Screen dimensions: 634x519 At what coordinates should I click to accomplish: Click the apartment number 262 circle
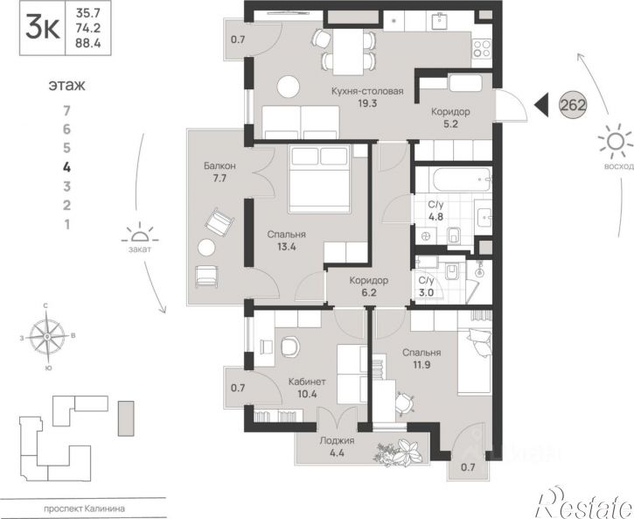(x=573, y=105)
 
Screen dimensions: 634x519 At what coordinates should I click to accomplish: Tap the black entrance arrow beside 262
(x=541, y=105)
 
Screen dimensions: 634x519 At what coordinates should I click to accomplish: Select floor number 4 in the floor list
(x=67, y=167)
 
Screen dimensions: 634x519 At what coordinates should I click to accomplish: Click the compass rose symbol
(x=48, y=337)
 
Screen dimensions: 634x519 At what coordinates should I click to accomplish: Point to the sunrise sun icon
(x=615, y=142)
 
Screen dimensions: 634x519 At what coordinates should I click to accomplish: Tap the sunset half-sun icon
(x=140, y=235)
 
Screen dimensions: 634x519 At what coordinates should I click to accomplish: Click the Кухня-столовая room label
(x=367, y=91)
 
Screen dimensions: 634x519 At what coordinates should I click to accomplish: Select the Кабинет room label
(x=307, y=382)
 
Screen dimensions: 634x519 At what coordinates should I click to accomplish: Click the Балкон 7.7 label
(x=219, y=172)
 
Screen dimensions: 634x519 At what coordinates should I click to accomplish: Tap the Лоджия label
(x=337, y=440)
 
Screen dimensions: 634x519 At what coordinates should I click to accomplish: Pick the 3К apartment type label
(x=43, y=28)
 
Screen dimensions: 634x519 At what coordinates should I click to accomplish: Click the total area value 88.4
(x=88, y=43)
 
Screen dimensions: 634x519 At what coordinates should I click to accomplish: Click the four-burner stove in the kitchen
(x=481, y=49)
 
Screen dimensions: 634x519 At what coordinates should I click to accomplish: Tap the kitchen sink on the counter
(x=438, y=21)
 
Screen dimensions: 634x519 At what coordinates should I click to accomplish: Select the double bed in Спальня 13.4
(x=319, y=179)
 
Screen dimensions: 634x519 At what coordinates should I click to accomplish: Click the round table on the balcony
(x=206, y=248)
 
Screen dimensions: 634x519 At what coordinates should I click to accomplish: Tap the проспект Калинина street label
(x=84, y=508)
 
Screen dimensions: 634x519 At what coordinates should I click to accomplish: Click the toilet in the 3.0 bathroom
(x=451, y=270)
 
